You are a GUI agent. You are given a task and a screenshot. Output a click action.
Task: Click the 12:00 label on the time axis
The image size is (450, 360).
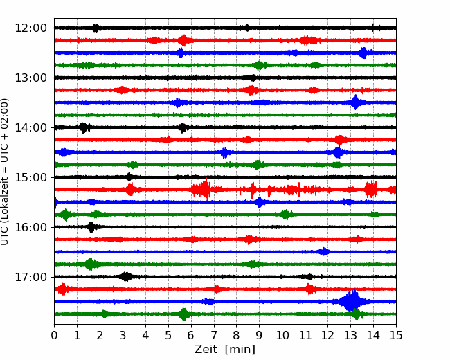[30, 28]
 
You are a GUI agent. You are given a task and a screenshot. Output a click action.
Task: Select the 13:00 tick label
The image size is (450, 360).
[30, 78]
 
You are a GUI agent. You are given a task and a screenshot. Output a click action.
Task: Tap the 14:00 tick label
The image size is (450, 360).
[30, 127]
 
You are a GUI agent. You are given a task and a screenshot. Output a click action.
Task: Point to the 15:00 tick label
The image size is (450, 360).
[30, 177]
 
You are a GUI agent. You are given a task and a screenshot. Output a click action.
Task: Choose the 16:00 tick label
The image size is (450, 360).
[30, 227]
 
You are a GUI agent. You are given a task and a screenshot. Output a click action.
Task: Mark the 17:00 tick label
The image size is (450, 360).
[30, 277]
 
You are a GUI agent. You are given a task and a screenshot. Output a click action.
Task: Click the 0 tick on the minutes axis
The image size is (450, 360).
[54, 335]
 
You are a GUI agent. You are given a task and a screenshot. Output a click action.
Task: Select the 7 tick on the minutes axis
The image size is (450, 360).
[214, 335]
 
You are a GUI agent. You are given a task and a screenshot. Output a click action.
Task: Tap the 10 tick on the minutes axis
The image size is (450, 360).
[282, 335]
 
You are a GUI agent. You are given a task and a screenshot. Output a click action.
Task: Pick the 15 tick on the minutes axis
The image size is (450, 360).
[396, 335]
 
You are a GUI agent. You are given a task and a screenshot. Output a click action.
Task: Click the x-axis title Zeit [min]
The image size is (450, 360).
[225, 350]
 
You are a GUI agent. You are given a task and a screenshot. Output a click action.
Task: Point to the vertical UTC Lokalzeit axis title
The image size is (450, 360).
[4, 172]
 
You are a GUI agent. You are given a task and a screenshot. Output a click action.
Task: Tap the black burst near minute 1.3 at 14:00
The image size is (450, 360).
[84, 127]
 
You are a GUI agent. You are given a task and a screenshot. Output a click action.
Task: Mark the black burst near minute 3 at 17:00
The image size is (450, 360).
[126, 277]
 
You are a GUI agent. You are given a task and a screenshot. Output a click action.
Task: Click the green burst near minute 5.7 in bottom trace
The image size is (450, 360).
[184, 314]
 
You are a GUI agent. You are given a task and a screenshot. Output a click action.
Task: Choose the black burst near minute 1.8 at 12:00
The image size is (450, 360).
[96, 28]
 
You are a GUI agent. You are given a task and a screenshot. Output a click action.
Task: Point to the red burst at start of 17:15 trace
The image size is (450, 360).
[62, 289]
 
